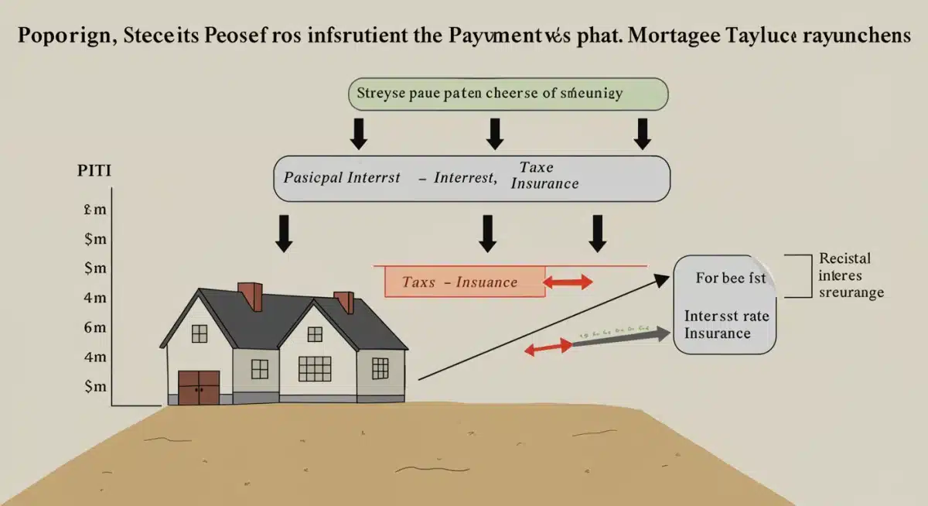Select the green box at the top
click(x=508, y=93)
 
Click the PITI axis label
click(x=94, y=171)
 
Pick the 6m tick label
click(x=94, y=327)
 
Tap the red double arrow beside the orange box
click(x=568, y=282)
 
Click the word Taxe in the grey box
click(x=536, y=167)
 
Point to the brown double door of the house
click(x=199, y=388)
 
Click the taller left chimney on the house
click(x=250, y=296)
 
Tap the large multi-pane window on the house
click(x=314, y=368)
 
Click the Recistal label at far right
click(x=844, y=258)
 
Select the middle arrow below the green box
click(x=494, y=134)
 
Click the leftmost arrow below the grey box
click(x=284, y=233)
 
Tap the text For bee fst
click(x=730, y=278)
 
